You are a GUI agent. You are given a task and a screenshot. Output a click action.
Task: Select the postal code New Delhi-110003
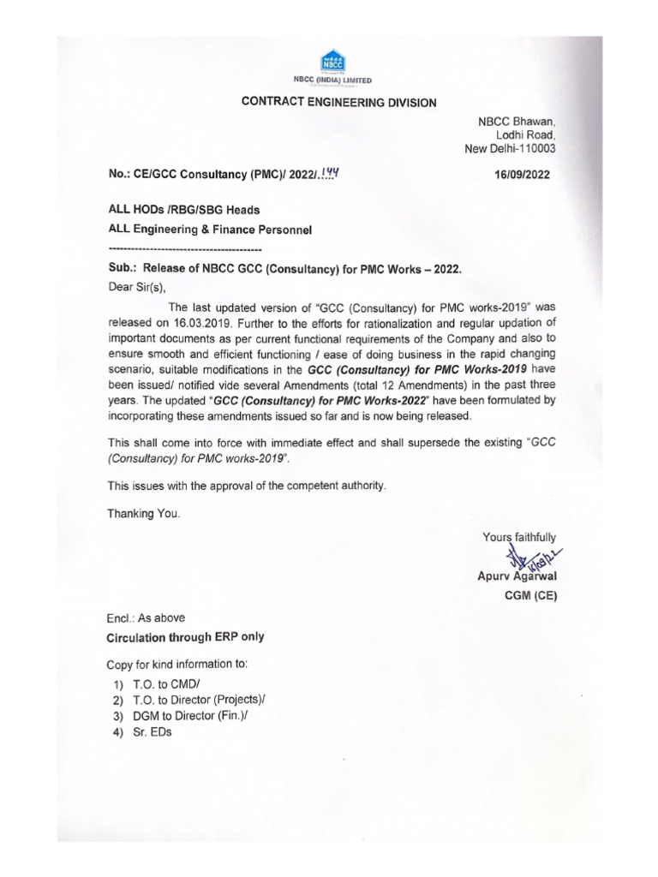click(510, 148)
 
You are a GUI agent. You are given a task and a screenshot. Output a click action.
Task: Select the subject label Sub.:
click(122, 268)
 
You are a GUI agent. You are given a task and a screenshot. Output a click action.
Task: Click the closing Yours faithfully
click(519, 537)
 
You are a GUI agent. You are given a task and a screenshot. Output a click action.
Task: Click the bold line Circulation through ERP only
click(185, 637)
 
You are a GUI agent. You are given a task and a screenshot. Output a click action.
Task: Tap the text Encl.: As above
click(145, 617)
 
